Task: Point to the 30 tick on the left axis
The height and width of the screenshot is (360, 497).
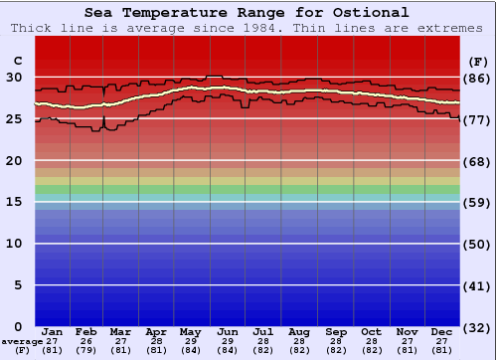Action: [14, 78]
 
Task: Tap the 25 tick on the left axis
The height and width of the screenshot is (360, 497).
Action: [14, 119]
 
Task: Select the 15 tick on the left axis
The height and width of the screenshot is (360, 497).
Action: [14, 202]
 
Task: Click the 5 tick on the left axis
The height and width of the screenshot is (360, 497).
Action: [18, 285]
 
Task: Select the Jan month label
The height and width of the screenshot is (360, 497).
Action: [53, 331]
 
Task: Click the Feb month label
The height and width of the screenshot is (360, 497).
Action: [87, 331]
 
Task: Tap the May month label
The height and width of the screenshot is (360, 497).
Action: [190, 331]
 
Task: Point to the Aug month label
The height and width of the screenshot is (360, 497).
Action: [298, 331]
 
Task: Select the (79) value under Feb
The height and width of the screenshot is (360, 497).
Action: [87, 350]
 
